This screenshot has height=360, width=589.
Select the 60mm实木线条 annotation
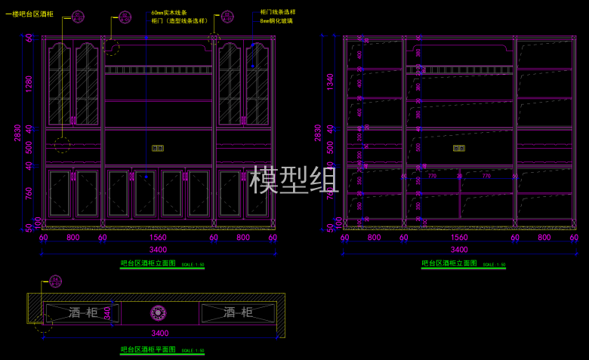pyautogui.click(x=169, y=13)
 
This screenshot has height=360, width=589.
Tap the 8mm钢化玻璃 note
pyautogui.click(x=276, y=21)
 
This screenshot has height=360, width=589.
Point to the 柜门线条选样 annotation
pyautogui.click(x=277, y=13)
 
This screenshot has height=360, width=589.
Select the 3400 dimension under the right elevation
pyautogui.click(x=459, y=249)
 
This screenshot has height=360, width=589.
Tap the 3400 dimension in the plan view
pyautogui.click(x=160, y=333)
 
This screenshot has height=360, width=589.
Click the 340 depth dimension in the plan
pyautogui.click(x=107, y=312)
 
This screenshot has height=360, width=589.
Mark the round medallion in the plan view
pyautogui.click(x=159, y=312)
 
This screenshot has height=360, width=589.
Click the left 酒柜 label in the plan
pyautogui.click(x=83, y=312)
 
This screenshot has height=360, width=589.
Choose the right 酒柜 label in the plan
pyautogui.click(x=238, y=312)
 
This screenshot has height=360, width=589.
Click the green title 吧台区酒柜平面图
pyautogui.click(x=148, y=350)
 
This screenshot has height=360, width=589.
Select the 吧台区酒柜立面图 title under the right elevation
pyautogui.click(x=449, y=264)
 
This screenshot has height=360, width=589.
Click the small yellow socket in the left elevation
pyautogui.click(x=159, y=148)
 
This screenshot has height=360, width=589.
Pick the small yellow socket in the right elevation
pyautogui.click(x=459, y=148)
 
